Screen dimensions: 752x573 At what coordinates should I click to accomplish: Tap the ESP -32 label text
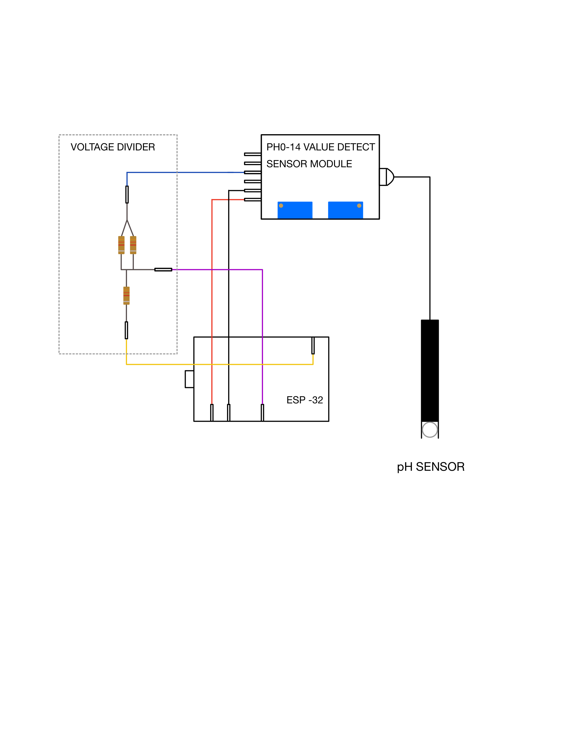305,400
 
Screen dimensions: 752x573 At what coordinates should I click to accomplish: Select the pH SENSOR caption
430,467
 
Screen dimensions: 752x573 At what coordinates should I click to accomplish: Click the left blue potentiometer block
295,210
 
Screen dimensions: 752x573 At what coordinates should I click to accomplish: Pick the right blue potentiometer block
345,210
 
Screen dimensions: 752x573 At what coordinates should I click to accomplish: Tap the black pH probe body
430,371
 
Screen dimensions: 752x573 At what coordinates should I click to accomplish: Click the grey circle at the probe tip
430,430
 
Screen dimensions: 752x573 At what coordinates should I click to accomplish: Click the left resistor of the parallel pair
121,245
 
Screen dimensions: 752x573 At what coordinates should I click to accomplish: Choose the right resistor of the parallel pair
133,245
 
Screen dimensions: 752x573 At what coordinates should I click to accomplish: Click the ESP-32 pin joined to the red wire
212,412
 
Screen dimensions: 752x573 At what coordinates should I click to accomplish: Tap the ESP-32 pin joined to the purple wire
262,412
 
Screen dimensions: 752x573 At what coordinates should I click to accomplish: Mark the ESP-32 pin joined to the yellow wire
313,345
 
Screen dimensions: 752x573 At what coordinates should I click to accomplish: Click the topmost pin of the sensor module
253,154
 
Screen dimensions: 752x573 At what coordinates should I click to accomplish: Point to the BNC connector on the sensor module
387,177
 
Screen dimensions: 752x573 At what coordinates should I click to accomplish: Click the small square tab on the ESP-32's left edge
189,379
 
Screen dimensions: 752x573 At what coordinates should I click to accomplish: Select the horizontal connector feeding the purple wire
163,270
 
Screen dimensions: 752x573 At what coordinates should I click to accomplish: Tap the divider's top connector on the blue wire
127,194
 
